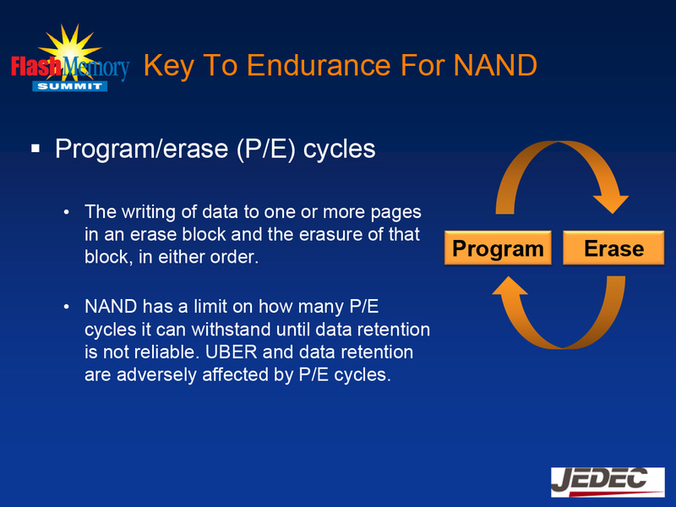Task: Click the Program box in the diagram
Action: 498,248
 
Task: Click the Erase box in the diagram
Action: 613,248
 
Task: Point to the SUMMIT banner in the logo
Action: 69,86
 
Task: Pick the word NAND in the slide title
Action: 495,65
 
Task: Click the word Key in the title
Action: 169,65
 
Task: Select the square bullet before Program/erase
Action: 35,149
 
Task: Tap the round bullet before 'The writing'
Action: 66,211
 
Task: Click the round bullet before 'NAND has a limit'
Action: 66,306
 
